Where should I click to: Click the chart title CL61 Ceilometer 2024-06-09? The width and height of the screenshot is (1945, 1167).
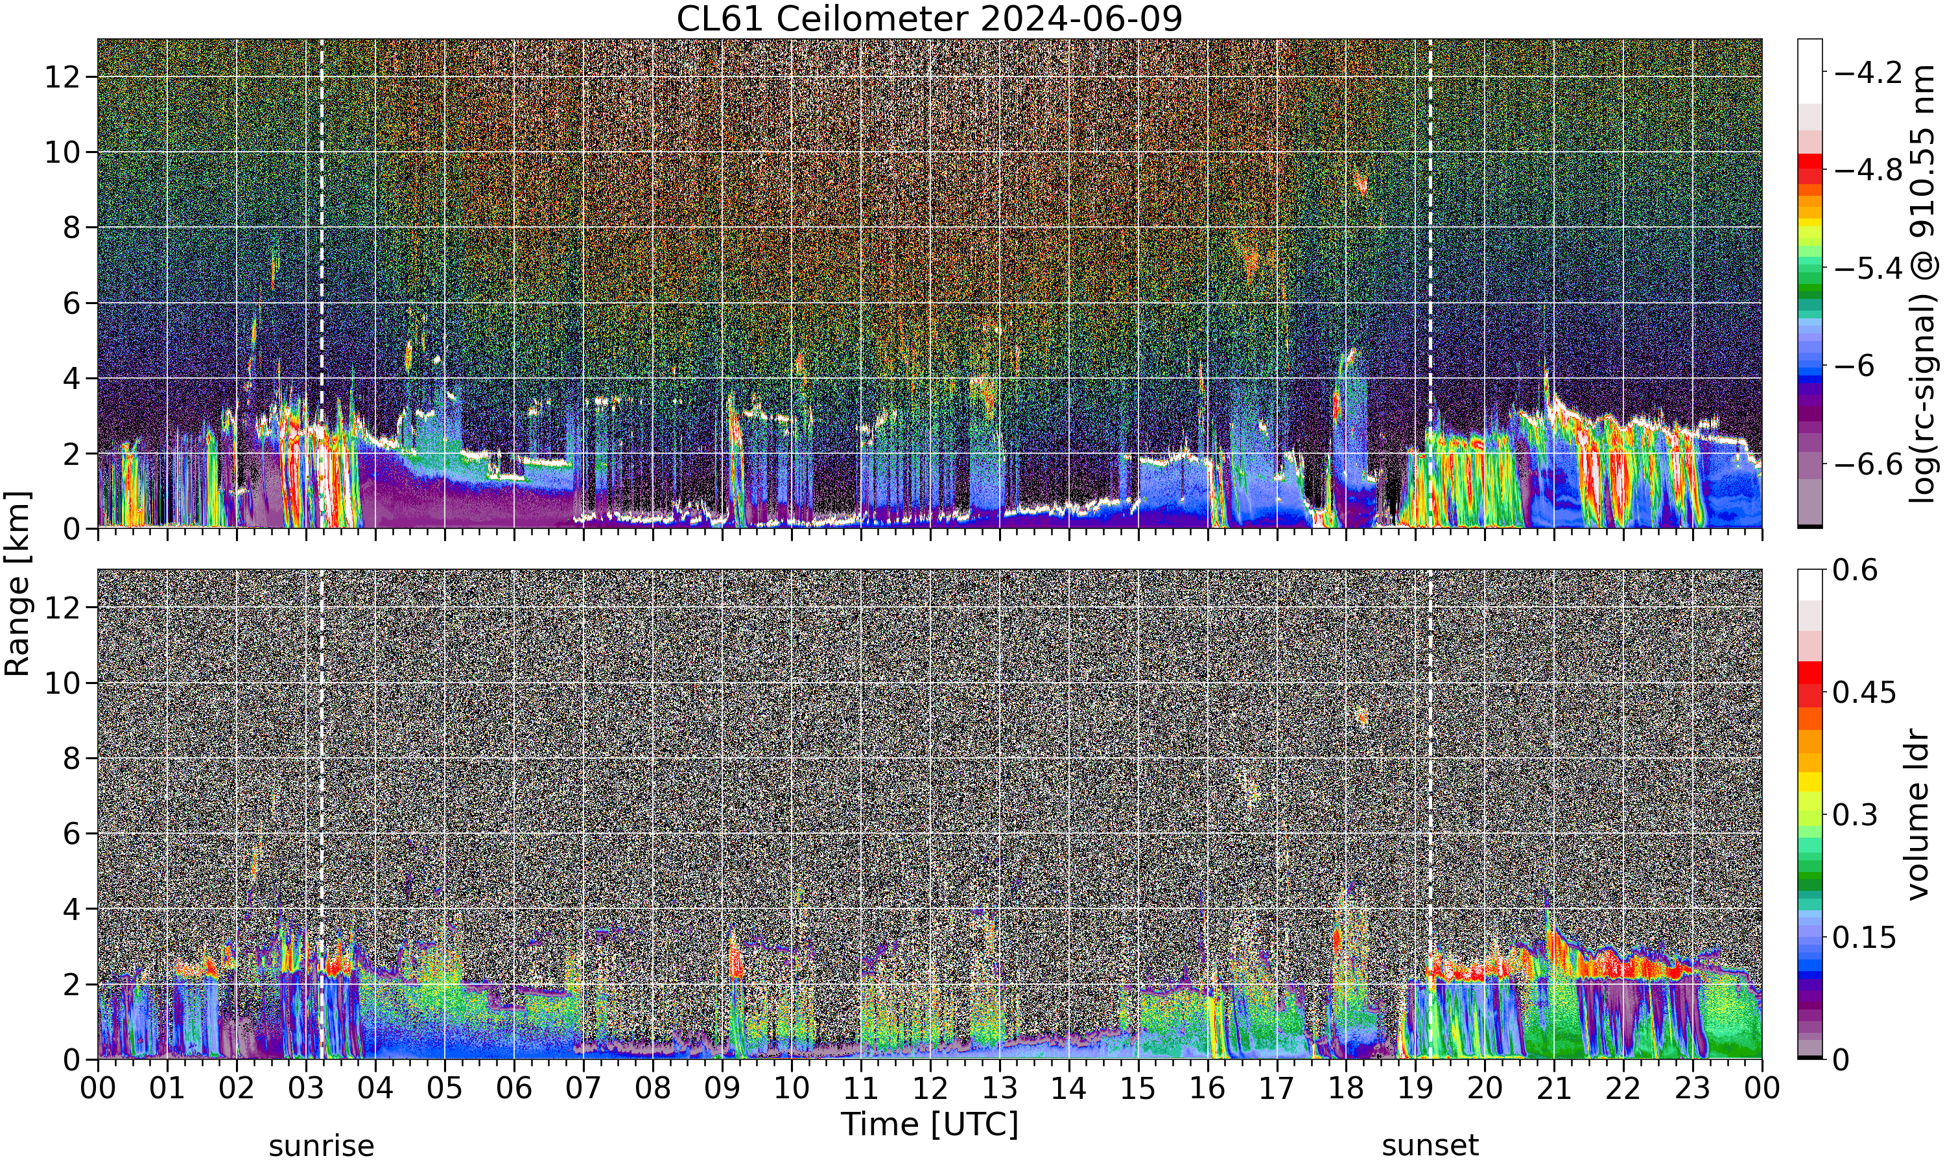point(929,19)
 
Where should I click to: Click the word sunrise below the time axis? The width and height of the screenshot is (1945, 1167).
point(322,1146)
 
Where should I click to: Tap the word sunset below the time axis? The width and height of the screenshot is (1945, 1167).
point(1430,1146)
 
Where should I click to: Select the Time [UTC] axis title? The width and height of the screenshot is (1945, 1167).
point(929,1125)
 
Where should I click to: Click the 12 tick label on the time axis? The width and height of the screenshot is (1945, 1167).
point(930,1089)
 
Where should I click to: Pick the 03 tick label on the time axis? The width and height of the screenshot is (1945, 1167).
point(306,1089)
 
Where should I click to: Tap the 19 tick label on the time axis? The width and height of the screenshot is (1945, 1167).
point(1415,1089)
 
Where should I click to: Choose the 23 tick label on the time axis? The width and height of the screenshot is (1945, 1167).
point(1693,1089)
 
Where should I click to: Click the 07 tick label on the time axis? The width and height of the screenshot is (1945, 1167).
point(583,1089)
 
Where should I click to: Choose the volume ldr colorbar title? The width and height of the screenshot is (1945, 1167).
point(1919,815)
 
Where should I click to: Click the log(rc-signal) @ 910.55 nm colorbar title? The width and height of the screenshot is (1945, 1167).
point(1923,284)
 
